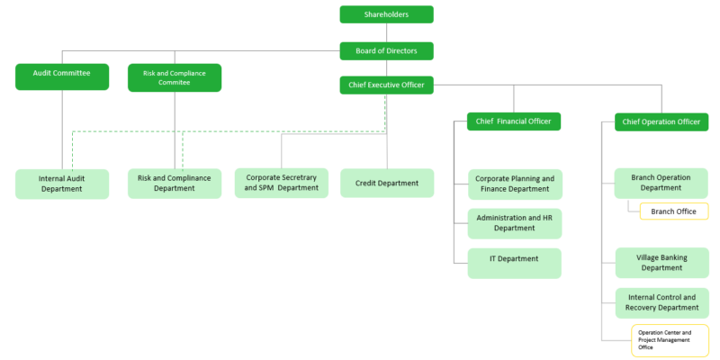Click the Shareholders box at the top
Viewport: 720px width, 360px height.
pyautogui.click(x=386, y=14)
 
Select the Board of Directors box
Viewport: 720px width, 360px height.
pyautogui.click(x=386, y=51)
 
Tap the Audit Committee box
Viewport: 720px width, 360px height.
pyautogui.click(x=62, y=76)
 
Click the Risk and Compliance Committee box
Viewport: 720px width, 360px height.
pyautogui.click(x=175, y=77)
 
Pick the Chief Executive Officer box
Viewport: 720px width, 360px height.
pyautogui.click(x=386, y=85)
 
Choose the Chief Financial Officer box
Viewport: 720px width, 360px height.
pyautogui.click(x=514, y=121)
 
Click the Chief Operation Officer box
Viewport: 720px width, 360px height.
pyautogui.click(x=661, y=121)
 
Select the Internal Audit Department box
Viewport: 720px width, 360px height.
pyautogui.click(x=62, y=184)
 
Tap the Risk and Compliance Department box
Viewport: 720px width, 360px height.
pyautogui.click(x=175, y=184)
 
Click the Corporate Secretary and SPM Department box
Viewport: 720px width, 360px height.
pyautogui.click(x=282, y=183)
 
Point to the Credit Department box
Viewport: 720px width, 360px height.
pyautogui.click(x=386, y=183)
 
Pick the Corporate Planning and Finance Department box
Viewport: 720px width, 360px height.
pyautogui.click(x=514, y=184)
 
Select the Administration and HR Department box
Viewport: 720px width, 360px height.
pyautogui.click(x=514, y=223)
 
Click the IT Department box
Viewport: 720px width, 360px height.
pyautogui.click(x=514, y=263)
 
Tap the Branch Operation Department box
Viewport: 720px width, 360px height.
pyautogui.click(x=661, y=183)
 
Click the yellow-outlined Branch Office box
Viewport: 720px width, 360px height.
pyautogui.click(x=674, y=211)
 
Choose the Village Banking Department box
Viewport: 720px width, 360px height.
pyautogui.click(x=661, y=262)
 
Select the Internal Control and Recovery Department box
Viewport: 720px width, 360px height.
pyautogui.click(x=661, y=302)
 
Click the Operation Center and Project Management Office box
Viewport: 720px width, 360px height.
pyautogui.click(x=670, y=340)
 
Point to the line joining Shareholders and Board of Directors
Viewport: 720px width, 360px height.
pyautogui.click(x=386, y=32)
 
